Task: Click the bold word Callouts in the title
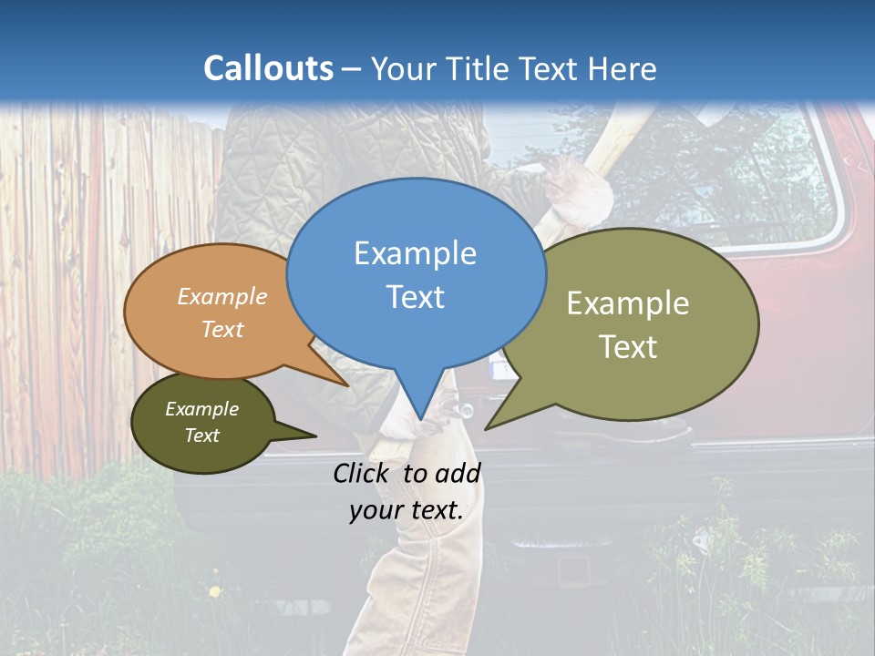[268, 68]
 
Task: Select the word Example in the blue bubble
[415, 253]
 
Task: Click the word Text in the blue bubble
[415, 297]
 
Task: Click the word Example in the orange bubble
[222, 296]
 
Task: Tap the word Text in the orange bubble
[222, 329]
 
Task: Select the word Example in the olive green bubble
[628, 303]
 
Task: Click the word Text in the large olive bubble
[628, 347]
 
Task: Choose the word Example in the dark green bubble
[201, 409]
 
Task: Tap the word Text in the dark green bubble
[201, 436]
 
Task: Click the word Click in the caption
[362, 473]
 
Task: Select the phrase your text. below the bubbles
[407, 511]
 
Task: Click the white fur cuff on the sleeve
[579, 190]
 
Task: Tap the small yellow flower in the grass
[215, 591]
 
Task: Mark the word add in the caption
[458, 473]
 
